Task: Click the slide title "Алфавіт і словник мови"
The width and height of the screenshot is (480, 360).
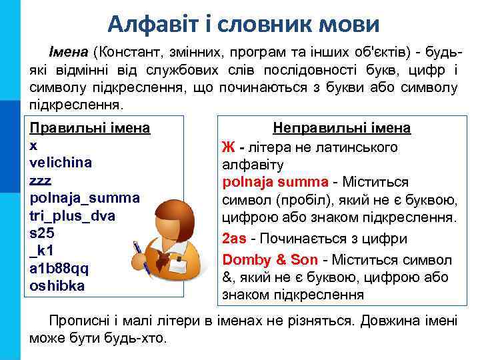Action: point(244,24)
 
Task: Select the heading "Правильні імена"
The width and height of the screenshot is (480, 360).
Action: point(90,127)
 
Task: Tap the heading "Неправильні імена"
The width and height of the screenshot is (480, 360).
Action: point(342,128)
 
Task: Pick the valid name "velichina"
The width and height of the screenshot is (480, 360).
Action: point(61,163)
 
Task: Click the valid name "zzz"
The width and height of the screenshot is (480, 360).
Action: point(41,181)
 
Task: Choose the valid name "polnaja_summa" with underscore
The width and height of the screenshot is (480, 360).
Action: point(85,198)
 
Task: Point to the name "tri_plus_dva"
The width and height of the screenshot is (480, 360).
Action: point(73,216)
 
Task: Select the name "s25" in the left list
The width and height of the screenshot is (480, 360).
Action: point(42,233)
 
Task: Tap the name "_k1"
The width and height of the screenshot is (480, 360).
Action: point(42,251)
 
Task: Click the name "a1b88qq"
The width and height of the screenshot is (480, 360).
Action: point(59,269)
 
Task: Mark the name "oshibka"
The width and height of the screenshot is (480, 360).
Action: point(58,286)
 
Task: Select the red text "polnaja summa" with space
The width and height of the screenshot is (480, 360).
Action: point(275,182)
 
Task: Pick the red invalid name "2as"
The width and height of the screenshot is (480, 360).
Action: point(234,238)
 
